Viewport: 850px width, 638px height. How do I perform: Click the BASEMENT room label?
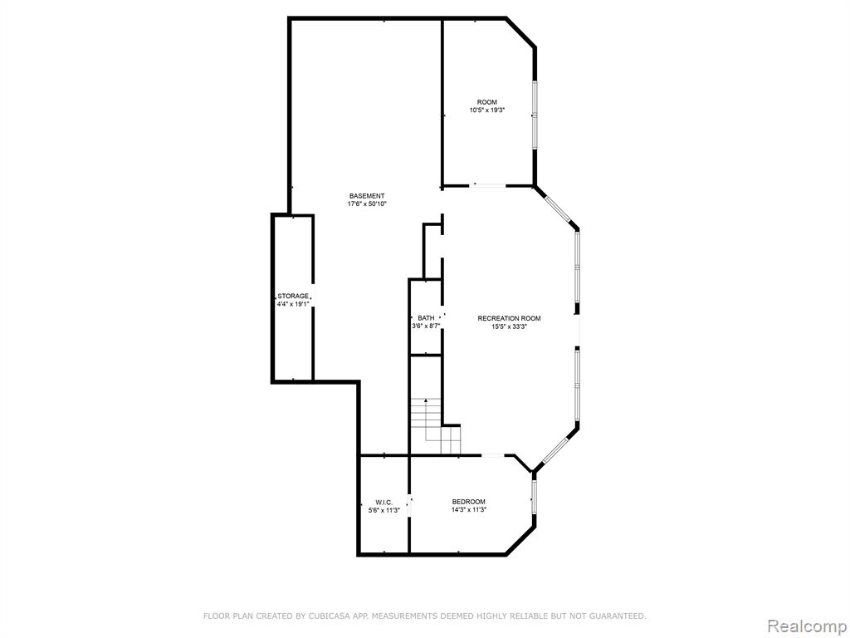tap(366, 196)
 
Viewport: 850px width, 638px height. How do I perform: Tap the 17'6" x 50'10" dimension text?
tap(366, 204)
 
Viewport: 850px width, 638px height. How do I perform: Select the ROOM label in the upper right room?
tap(486, 102)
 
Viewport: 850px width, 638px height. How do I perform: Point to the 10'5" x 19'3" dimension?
tap(486, 110)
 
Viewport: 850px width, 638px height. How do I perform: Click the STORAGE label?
tap(293, 297)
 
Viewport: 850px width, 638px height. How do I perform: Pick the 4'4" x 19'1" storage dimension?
tap(293, 304)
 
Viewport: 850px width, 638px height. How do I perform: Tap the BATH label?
tap(426, 318)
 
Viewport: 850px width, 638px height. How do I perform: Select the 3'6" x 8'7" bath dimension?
tap(426, 326)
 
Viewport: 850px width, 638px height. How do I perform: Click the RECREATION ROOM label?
tap(509, 318)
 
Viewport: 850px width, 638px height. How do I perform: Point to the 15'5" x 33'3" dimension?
tap(509, 326)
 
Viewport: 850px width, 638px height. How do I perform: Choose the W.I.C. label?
tap(383, 503)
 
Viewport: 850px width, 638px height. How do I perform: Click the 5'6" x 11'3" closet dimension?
tap(383, 511)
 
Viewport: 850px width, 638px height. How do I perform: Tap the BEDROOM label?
tap(469, 502)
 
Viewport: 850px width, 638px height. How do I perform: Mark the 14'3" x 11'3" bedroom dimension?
tap(469, 510)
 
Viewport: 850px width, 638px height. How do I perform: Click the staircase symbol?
tap(435, 426)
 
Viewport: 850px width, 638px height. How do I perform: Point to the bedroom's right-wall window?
tap(534, 497)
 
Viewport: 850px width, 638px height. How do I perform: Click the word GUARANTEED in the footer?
tap(618, 616)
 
